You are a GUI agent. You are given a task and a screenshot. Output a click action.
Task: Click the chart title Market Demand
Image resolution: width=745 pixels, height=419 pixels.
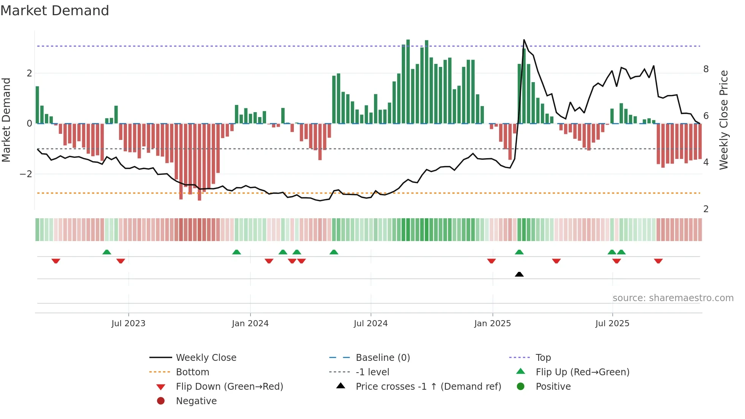click(55, 11)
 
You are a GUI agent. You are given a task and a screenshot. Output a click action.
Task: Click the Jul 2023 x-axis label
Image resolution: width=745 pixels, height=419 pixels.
click(128, 324)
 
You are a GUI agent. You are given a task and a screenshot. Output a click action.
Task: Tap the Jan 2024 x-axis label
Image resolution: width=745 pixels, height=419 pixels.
click(250, 324)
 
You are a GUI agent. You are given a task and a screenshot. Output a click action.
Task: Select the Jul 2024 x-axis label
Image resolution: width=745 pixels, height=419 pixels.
click(371, 324)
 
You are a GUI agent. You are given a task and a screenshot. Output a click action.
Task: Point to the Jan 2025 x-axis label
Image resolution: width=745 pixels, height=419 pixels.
click(493, 324)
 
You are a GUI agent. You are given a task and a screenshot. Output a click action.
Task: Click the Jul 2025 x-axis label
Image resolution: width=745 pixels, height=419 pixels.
click(612, 324)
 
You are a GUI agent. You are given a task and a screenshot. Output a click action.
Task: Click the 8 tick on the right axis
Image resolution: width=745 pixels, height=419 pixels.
click(706, 69)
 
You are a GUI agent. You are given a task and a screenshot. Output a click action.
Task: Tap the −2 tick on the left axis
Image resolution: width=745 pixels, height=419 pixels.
click(26, 174)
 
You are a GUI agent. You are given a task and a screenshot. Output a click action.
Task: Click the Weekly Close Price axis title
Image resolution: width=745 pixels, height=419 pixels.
click(724, 120)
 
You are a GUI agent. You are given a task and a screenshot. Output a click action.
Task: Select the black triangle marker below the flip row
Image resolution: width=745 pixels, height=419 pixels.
click(519, 274)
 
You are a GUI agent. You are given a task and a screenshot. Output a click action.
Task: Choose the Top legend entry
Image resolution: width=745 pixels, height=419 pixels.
click(543, 358)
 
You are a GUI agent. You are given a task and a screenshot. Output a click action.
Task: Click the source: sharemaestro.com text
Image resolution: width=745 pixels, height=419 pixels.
click(673, 298)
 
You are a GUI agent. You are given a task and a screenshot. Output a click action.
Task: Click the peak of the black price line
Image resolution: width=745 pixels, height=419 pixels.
click(524, 40)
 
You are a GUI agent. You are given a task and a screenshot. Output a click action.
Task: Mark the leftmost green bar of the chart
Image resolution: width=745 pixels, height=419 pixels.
click(37, 105)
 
